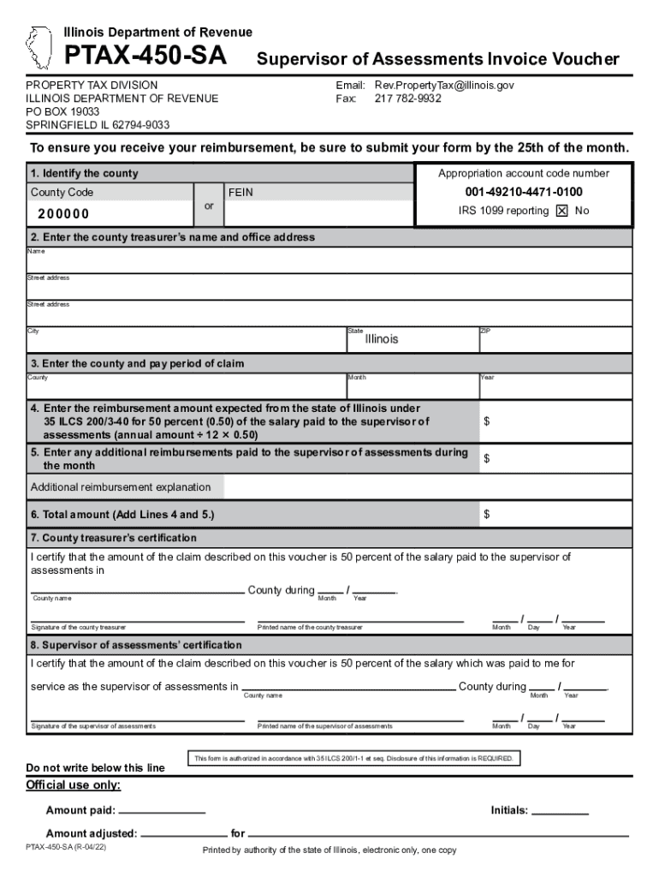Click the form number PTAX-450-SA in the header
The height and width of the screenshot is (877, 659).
146,57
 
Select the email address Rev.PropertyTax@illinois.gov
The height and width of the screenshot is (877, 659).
443,86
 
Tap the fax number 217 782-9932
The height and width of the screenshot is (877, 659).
407,98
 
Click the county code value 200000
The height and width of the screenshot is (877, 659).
62,213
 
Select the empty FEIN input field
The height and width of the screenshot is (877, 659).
318,213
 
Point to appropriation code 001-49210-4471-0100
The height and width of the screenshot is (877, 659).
524,192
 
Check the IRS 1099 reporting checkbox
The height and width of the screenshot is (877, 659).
561,211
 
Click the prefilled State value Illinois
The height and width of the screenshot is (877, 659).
382,339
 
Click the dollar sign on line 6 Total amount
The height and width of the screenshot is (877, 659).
487,515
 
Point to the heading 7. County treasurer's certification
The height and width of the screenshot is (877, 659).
114,538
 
